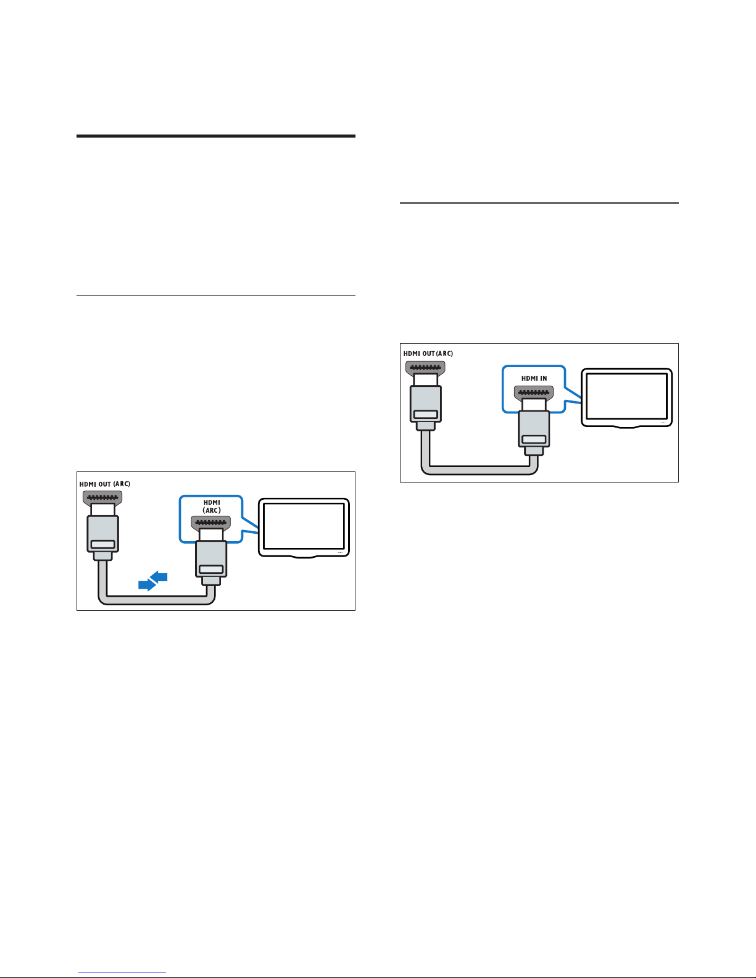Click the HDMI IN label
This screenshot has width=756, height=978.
click(x=534, y=378)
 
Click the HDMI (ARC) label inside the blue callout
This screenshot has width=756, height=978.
click(x=212, y=507)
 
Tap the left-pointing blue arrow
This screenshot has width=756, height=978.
click(x=159, y=577)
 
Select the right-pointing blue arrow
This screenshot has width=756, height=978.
click(x=147, y=584)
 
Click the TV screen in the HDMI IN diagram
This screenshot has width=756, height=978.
click(x=626, y=397)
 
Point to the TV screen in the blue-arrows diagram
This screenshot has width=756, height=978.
click(x=304, y=526)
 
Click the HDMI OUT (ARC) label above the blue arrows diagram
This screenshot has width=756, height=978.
click(x=105, y=484)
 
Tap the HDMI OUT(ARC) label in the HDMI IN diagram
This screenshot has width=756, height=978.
click(x=428, y=354)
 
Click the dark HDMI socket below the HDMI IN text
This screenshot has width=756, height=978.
click(x=534, y=393)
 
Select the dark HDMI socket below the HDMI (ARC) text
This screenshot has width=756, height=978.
click(x=211, y=523)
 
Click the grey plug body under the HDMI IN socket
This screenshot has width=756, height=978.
click(x=534, y=429)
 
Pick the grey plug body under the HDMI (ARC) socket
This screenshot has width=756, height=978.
click(x=211, y=558)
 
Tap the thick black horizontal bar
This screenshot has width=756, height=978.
click(x=216, y=136)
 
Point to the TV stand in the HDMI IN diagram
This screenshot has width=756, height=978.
click(x=626, y=426)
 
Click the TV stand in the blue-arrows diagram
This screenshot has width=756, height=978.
click(x=304, y=557)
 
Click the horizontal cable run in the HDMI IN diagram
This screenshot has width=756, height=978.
click(x=480, y=470)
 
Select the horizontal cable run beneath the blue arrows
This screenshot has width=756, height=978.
click(x=157, y=600)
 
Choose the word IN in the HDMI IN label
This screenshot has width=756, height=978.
click(x=544, y=378)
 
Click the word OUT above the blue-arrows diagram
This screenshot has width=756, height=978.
click(x=104, y=484)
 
